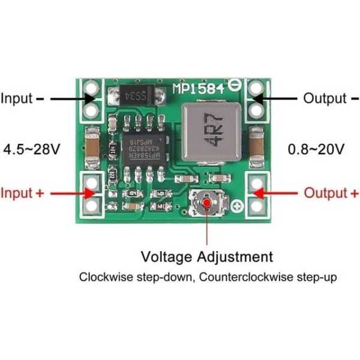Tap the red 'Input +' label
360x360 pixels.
click(22, 193)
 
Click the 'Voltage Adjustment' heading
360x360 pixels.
click(207, 257)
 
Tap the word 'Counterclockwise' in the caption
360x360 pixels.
click(239, 277)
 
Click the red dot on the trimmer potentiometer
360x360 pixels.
click(208, 203)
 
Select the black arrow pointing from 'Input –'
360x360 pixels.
click(67, 98)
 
